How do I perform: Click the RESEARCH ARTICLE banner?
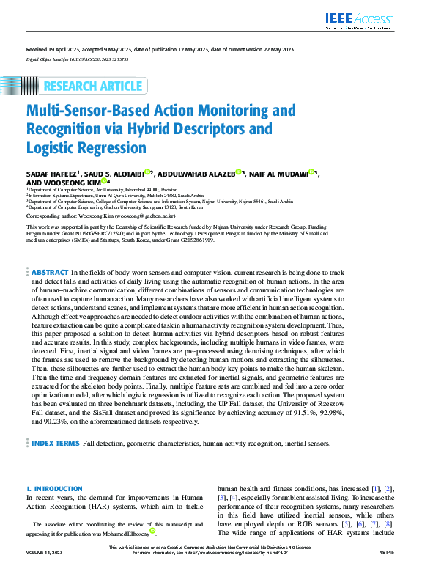pyautogui.click(x=92, y=87)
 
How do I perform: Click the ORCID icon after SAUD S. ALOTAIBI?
pyautogui.click(x=147, y=172)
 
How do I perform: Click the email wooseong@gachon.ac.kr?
pyautogui.click(x=144, y=217)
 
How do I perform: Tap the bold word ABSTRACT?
pyautogui.click(x=51, y=272)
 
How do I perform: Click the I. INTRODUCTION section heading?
pyautogui.click(x=54, y=488)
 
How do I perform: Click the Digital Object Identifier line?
pyautogui.click(x=76, y=58)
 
